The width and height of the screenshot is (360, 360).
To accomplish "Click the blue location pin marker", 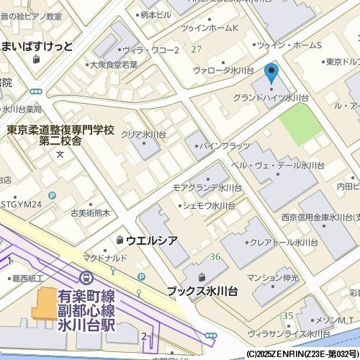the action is pos(271,73).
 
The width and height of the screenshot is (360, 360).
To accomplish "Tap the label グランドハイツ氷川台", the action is pos(271,97).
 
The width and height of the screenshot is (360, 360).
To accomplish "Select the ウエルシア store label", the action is pos(151,239).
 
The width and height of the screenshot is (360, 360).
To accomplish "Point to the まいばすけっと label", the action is pos(37,46).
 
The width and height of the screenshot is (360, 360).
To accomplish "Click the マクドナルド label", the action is pos(105,258).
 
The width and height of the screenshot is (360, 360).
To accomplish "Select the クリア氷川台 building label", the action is pos(143,135).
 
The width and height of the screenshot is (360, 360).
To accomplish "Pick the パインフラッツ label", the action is pos(224,146).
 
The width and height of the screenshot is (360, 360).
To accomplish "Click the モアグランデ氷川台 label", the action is pos(207,187).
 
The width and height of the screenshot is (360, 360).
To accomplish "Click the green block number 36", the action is pos(215,257).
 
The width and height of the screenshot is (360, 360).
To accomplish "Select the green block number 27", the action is pos(196,49).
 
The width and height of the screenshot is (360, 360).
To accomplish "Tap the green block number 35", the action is pos(287,315).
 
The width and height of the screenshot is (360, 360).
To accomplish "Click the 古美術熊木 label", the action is pos(90,213).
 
